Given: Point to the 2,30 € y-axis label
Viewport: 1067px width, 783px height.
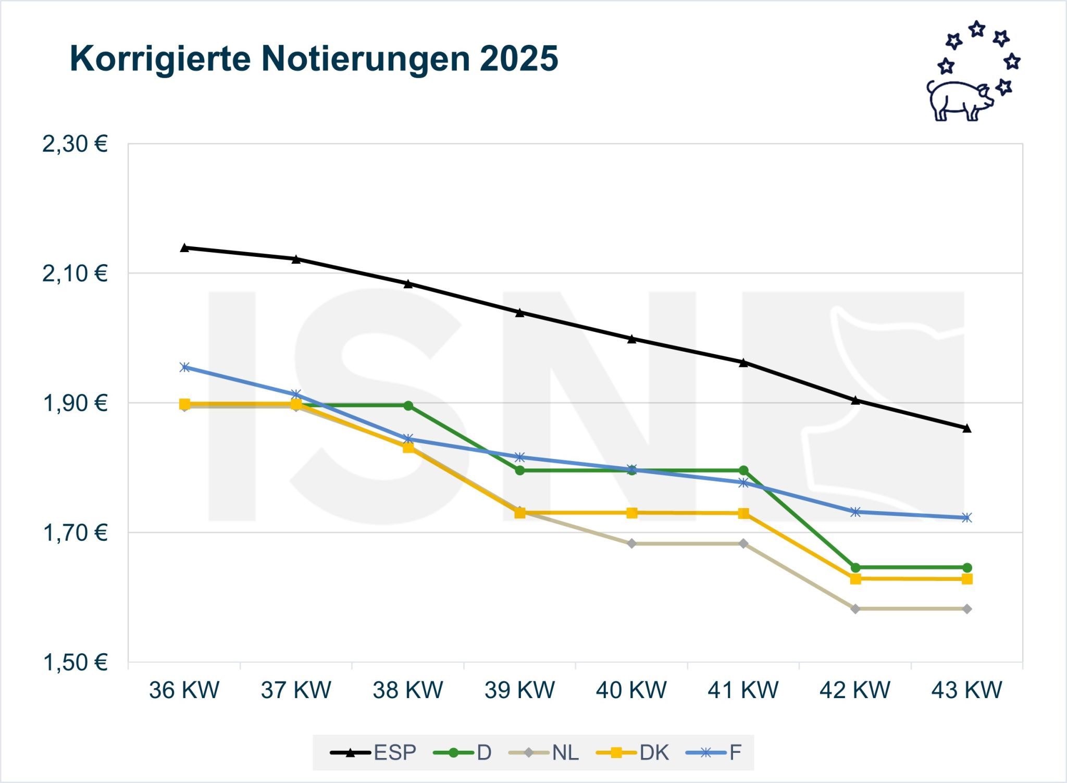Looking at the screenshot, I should [x=75, y=144].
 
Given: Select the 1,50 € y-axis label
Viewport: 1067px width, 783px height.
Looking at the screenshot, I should [x=75, y=662].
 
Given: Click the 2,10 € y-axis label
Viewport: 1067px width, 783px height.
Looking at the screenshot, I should [x=75, y=273].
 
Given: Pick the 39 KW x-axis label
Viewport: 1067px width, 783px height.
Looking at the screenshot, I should [x=519, y=690].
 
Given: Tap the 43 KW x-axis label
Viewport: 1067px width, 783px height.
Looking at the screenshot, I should [x=966, y=690].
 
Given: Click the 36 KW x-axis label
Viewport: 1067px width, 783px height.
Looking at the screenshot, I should [x=184, y=690].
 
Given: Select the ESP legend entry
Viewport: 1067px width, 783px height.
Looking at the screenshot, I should [x=374, y=752].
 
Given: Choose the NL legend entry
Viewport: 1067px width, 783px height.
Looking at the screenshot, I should [x=544, y=752].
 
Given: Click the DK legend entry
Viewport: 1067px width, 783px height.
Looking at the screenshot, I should [x=632, y=752].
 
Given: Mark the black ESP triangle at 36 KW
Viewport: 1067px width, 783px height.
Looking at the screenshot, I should [x=184, y=247].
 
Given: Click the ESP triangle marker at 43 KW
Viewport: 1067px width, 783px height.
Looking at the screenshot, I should [x=966, y=428].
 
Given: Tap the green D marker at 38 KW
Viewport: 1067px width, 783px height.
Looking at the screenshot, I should [x=408, y=406].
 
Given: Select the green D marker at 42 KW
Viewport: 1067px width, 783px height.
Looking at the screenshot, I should [x=855, y=567].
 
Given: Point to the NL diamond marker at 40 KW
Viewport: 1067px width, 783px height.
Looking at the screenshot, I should [x=631, y=543].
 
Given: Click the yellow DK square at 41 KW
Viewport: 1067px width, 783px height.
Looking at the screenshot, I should [x=743, y=514].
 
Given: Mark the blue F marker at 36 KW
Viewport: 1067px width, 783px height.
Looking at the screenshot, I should [x=184, y=367].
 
